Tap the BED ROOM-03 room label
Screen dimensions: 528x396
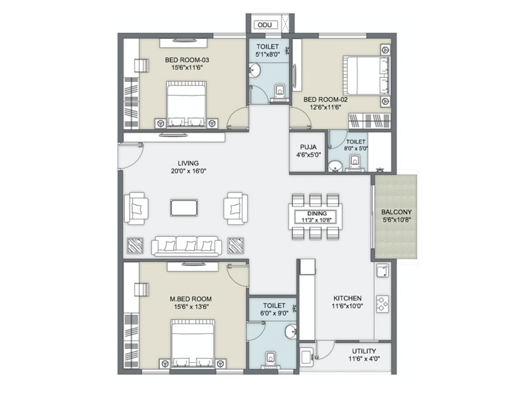pyautogui.click(x=187, y=60)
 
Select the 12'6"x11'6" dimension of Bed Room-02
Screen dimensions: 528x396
pyautogui.click(x=325, y=107)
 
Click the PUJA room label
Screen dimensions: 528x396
pyautogui.click(x=308, y=147)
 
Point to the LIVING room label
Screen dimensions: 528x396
pyautogui.click(x=188, y=163)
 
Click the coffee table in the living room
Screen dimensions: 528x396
pyautogui.click(x=184, y=207)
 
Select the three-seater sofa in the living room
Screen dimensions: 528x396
pyautogui.click(x=186, y=246)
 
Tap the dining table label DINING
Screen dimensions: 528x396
pyautogui.click(x=317, y=213)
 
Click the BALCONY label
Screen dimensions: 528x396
pyautogui.click(x=397, y=212)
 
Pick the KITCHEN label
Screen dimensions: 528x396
pyautogui.click(x=348, y=298)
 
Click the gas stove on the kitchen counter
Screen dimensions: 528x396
pyautogui.click(x=382, y=304)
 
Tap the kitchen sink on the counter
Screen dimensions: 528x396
pyautogui.click(x=383, y=271)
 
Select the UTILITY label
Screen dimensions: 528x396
pyautogui.click(x=364, y=351)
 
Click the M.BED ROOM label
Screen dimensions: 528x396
pyautogui.click(x=191, y=299)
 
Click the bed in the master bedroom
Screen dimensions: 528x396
pyautogui.click(x=193, y=343)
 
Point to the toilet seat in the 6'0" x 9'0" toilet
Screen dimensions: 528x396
pyautogui.click(x=271, y=358)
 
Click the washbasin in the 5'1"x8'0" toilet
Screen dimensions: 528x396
pyautogui.click(x=254, y=71)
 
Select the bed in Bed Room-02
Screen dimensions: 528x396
pyautogui.click(x=366, y=76)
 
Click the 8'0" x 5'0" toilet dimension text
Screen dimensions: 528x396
pyautogui.click(x=356, y=148)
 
